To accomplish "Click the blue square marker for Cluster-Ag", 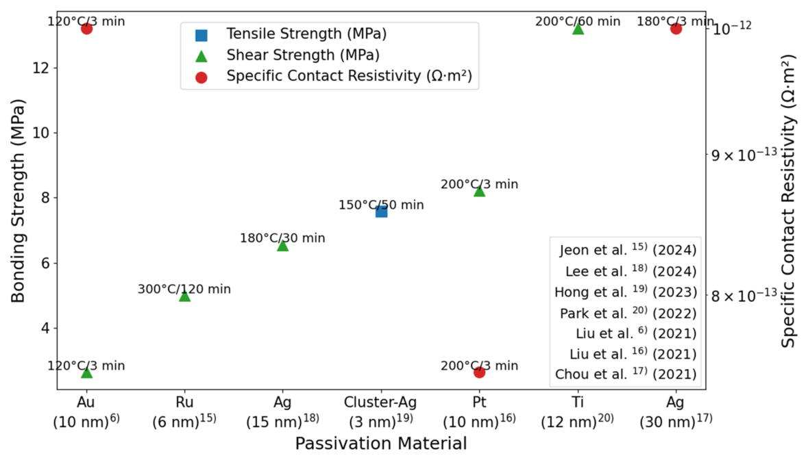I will [x=381, y=211].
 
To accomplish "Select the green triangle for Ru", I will [x=184, y=296].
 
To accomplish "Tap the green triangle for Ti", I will [x=578, y=28].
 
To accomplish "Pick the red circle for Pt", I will [x=479, y=372].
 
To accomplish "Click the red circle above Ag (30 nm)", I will [x=676, y=28].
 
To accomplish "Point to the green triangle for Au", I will [x=86, y=372].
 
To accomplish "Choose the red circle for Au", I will [x=86, y=28].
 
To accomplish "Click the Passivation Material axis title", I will [x=381, y=443].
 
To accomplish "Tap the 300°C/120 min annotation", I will [x=184, y=289].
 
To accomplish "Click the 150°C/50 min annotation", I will [x=381, y=205].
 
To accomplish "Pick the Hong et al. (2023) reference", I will [x=625, y=292].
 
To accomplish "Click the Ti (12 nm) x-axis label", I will [x=578, y=409].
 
